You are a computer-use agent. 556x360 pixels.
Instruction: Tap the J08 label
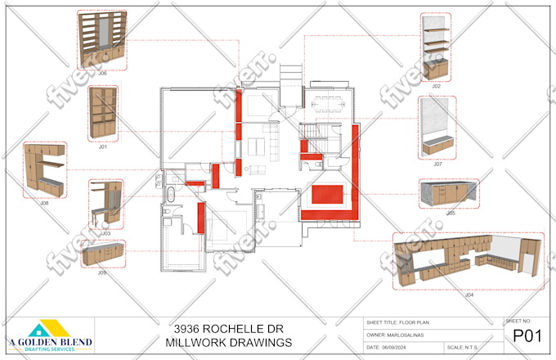coord(45,203)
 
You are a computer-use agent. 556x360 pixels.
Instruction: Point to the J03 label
coord(105,233)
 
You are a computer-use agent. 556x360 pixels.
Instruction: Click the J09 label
coord(102,272)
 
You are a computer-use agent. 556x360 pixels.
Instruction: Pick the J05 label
coord(451,213)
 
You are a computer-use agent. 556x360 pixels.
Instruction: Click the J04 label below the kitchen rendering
coord(469,295)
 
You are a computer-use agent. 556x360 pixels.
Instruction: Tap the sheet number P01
coord(527,336)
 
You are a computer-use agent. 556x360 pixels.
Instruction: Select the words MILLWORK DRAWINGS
coord(227,342)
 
